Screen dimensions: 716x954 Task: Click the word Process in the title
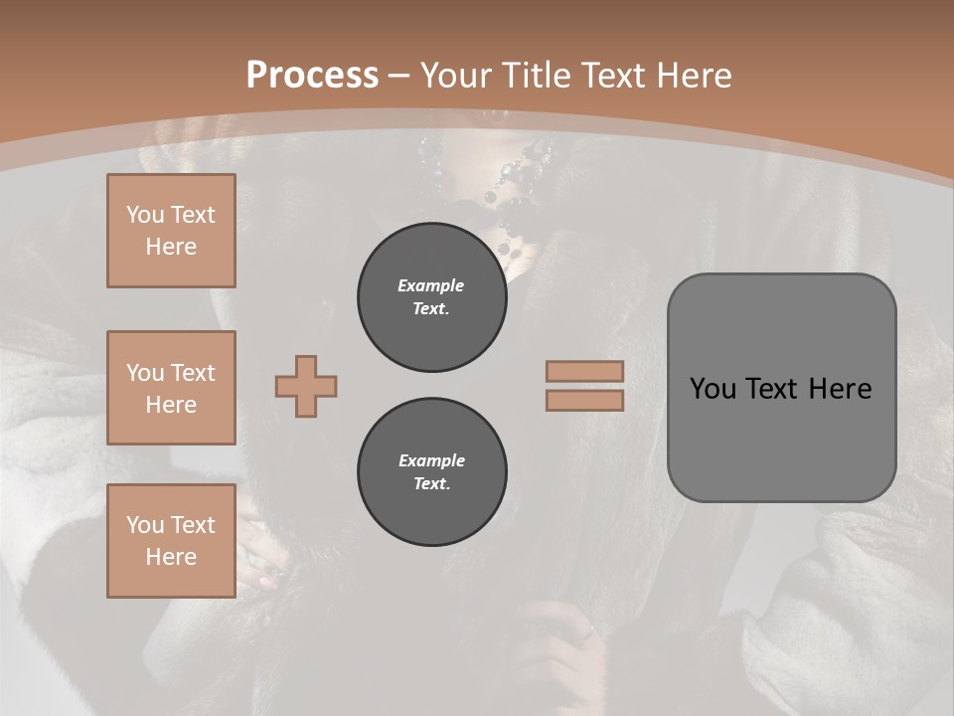tap(312, 76)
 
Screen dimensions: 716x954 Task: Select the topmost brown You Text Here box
tap(171, 231)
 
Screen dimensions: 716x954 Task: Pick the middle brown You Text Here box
tap(171, 388)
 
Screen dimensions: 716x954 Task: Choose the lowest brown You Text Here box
tap(171, 541)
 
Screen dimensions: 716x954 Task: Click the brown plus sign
tap(306, 386)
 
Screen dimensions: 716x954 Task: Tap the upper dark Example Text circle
tap(431, 297)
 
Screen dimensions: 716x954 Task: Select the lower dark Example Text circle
tap(431, 472)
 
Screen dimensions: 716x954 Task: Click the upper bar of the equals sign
tap(584, 371)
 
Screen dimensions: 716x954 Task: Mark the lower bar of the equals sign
tap(584, 400)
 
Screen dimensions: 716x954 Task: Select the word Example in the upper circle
tap(431, 285)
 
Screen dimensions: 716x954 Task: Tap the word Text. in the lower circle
tap(431, 484)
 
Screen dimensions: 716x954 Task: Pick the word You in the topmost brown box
tap(144, 215)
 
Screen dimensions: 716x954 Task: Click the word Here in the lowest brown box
tap(171, 557)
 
